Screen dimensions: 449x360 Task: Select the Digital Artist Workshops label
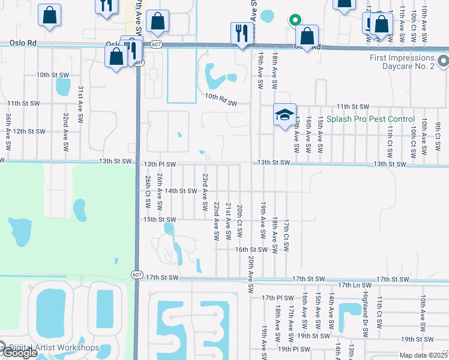click(x=53, y=347)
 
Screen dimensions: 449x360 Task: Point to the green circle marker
click(x=294, y=20)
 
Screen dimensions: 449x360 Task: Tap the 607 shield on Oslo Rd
click(x=156, y=44)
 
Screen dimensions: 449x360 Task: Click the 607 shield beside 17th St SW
click(x=137, y=274)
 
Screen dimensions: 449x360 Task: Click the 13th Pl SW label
click(x=160, y=164)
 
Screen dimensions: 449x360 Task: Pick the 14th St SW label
click(x=181, y=191)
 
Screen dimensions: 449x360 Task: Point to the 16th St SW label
click(x=250, y=249)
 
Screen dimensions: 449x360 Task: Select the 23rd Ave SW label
click(x=205, y=187)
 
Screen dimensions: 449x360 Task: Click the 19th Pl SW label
click(x=293, y=349)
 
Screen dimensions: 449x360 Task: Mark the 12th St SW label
click(x=29, y=131)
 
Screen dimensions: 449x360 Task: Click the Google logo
click(x=19, y=353)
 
